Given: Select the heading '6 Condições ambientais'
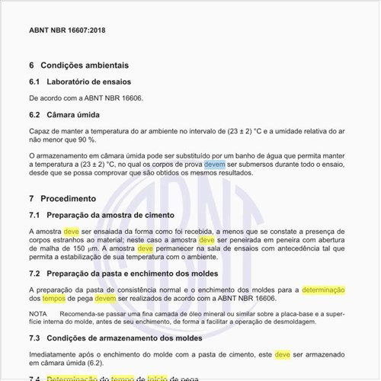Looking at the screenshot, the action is [x=78, y=66].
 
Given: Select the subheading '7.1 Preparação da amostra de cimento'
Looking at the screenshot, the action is [x=101, y=215].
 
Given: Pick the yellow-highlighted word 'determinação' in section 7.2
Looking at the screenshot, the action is [x=324, y=290].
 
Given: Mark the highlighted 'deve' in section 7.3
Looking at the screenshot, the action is [x=282, y=354].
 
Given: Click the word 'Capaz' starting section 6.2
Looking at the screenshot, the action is [x=40, y=131].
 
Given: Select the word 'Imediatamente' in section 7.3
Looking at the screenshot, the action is [x=53, y=354].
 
